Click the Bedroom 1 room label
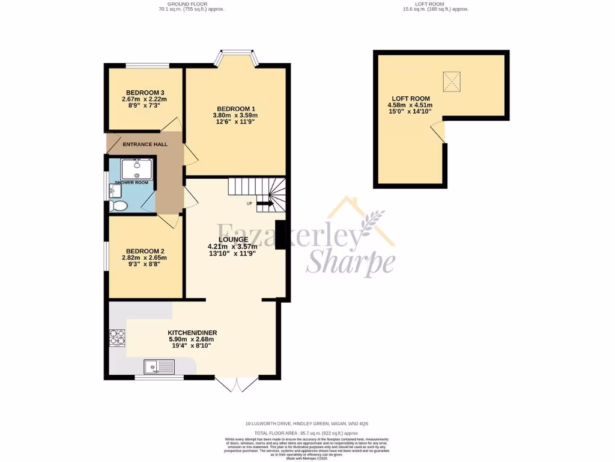tap(235, 108)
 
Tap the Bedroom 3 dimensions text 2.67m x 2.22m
tap(144, 99)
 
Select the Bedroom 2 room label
tap(144, 251)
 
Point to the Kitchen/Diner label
tap(192, 333)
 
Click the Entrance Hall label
tap(145, 144)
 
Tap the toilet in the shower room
tap(119, 206)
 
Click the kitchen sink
tap(159, 365)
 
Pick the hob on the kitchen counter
tap(117, 339)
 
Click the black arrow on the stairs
tap(265, 204)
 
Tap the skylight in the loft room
tap(452, 81)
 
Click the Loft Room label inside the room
tap(411, 98)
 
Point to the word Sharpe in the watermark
tap(351, 262)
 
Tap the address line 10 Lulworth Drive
tap(306, 423)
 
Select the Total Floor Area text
tap(306, 433)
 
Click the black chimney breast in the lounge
tap(280, 235)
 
